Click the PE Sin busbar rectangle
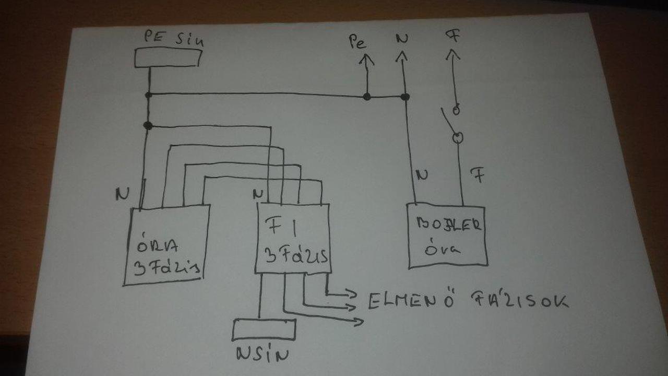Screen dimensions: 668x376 pyautogui.click(x=168, y=57)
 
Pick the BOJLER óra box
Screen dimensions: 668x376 pyautogui.click(x=447, y=236)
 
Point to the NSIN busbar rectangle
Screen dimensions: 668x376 pyautogui.click(x=264, y=329)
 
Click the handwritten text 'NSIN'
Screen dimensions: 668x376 pyautogui.click(x=263, y=355)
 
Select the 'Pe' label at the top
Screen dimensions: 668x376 pyautogui.click(x=358, y=42)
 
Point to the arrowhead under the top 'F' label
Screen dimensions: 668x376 pyautogui.click(x=452, y=54)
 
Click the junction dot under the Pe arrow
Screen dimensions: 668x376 pyautogui.click(x=367, y=97)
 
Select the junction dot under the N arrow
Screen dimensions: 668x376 pyautogui.click(x=405, y=97)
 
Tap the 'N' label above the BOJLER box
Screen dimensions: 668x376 pyautogui.click(x=422, y=175)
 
